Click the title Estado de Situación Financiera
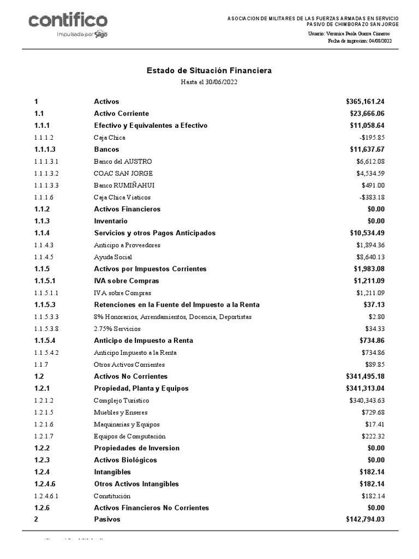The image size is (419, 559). tap(209, 71)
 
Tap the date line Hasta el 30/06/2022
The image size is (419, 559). tap(209, 82)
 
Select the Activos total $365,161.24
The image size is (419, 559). tap(365, 102)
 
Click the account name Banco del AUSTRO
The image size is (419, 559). tap(123, 162)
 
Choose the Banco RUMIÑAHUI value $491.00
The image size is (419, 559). tap(373, 186)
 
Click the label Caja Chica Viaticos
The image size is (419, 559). tap(122, 198)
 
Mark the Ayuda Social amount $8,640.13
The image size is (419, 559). tap(371, 257)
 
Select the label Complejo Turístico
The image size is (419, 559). tap(121, 401)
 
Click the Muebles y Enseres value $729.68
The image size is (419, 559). tap(373, 413)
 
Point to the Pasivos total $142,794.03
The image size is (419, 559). tap(365, 520)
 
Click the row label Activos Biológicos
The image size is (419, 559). tap(125, 460)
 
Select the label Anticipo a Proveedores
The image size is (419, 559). tap(127, 245)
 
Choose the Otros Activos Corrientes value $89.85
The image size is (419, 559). tap(375, 365)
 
